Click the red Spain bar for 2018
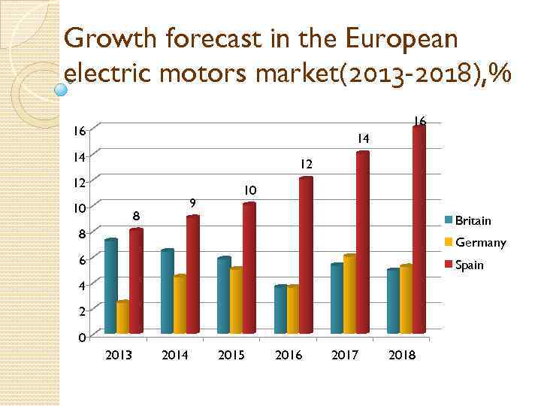(x=419, y=229)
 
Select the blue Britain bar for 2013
(x=111, y=286)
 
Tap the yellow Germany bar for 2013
(x=123, y=317)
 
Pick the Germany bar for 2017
(x=349, y=294)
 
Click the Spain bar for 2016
(x=306, y=255)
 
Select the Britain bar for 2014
(x=167, y=291)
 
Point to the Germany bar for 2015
(x=236, y=300)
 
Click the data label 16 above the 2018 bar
(x=419, y=121)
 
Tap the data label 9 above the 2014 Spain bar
(x=193, y=202)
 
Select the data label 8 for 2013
(x=136, y=216)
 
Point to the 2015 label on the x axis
(x=231, y=355)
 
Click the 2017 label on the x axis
(x=346, y=355)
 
